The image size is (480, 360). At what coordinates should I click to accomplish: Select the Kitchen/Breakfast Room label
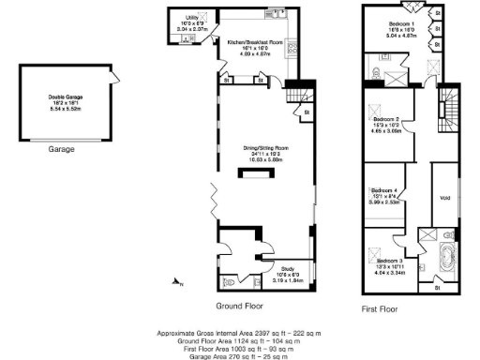point(255,43)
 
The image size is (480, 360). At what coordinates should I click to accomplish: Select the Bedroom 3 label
point(389,260)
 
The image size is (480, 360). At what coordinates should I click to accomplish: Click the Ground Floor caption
point(239,306)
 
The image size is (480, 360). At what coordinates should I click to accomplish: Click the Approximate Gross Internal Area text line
point(239,333)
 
